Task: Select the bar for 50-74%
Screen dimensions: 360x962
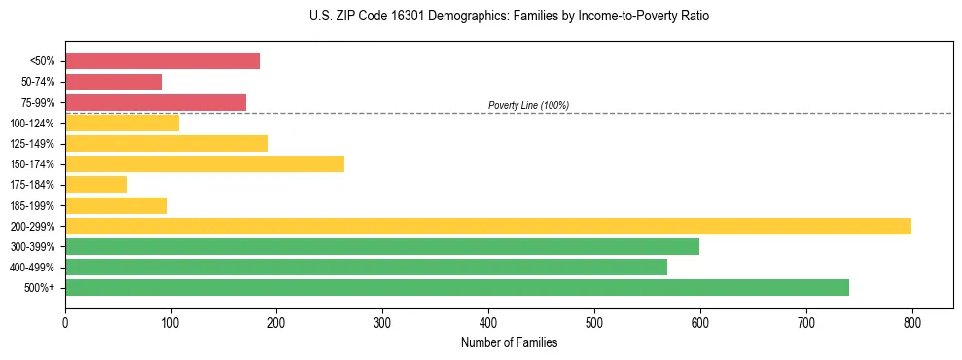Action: (x=114, y=82)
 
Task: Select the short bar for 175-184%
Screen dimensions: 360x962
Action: (x=96, y=184)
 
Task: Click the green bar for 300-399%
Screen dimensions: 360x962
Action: (x=382, y=246)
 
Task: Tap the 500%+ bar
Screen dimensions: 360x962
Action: (x=457, y=287)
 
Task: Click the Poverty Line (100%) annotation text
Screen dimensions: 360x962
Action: (x=528, y=105)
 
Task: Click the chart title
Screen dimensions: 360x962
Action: (x=481, y=17)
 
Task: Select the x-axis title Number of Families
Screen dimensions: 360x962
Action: (x=509, y=342)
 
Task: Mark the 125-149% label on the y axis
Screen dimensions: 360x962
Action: (x=32, y=144)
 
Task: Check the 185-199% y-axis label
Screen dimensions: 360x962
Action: (x=32, y=205)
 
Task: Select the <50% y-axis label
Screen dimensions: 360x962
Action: (x=42, y=61)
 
